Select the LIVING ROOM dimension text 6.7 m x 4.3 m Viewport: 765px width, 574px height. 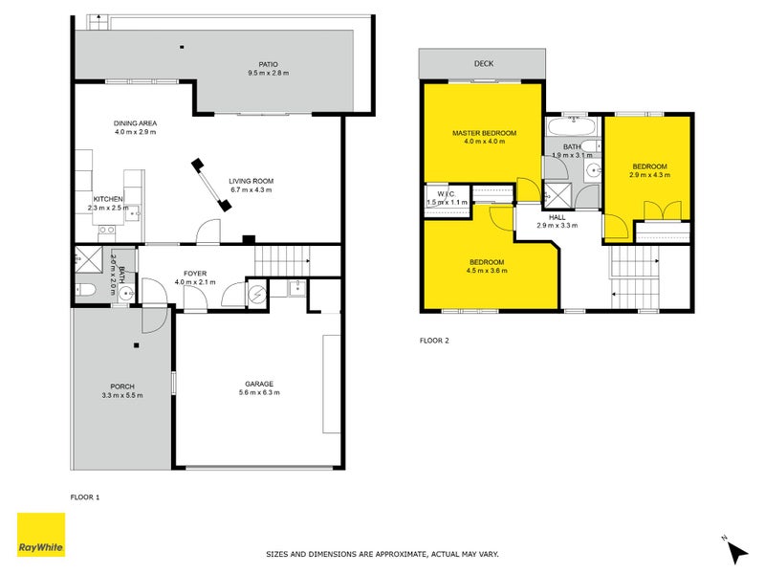tap(251, 189)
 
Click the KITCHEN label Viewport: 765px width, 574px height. tap(108, 198)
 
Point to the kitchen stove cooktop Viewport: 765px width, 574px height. tap(107, 230)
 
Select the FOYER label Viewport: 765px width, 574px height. tap(195, 273)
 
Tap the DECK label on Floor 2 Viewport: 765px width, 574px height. tap(483, 64)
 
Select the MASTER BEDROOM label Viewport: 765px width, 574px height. tap(484, 132)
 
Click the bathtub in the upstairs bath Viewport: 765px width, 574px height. tap(572, 126)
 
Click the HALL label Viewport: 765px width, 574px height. tap(557, 217)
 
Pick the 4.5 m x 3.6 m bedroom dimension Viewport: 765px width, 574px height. tap(487, 271)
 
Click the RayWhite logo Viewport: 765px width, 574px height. tap(42, 535)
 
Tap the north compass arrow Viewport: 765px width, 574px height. tap(736, 551)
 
